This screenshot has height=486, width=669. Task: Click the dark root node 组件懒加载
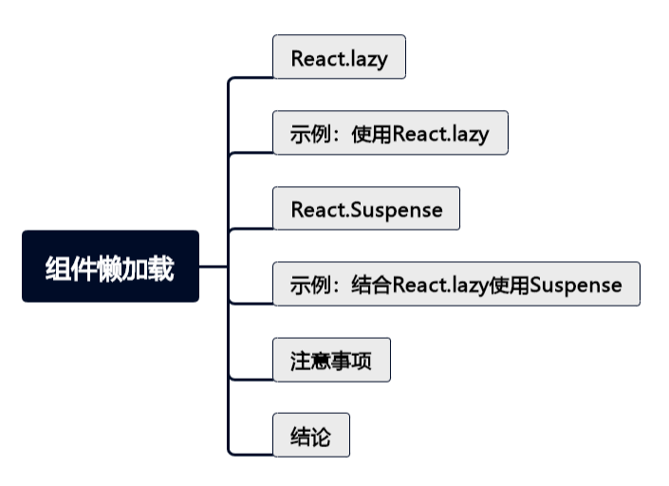click(110, 267)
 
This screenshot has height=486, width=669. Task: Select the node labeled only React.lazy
click(339, 57)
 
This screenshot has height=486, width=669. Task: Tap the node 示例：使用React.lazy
click(390, 133)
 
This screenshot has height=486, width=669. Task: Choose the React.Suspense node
click(366, 209)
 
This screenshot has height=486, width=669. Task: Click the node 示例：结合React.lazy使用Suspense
click(455, 284)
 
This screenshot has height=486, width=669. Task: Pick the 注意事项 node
click(331, 361)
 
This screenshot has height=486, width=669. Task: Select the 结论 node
click(311, 436)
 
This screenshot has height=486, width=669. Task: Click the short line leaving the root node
click(214, 267)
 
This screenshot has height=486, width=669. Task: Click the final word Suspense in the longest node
click(576, 284)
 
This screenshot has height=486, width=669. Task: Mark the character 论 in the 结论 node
click(322, 437)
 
